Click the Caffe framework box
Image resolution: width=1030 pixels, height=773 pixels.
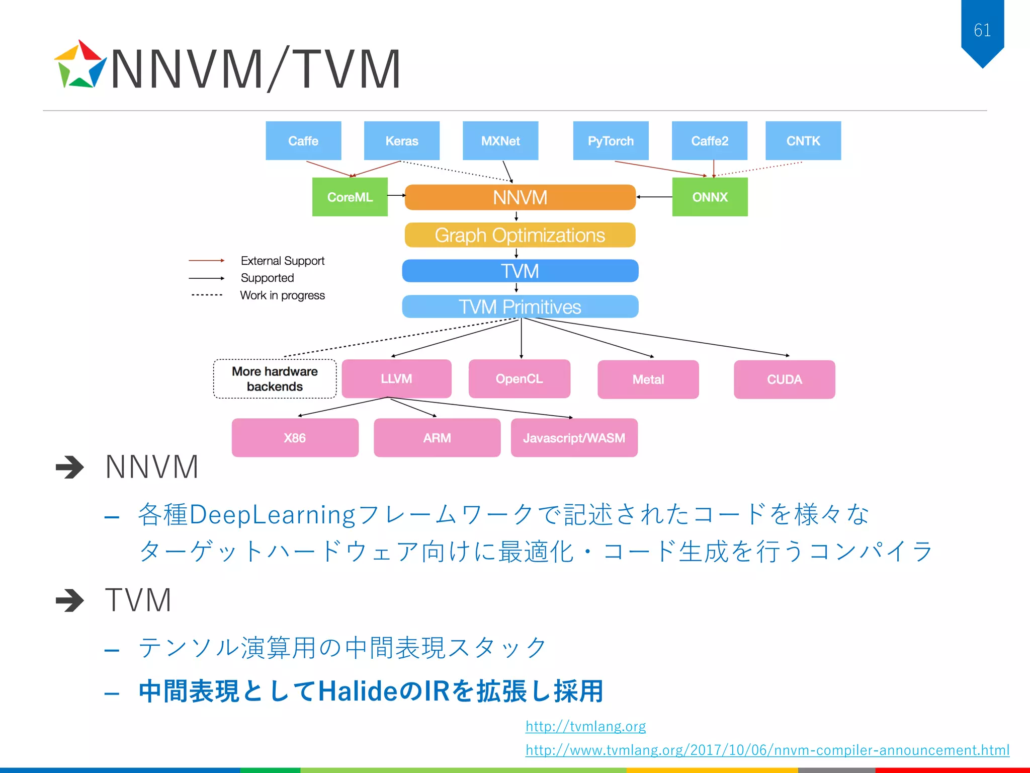click(x=303, y=140)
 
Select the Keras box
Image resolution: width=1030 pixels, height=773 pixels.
click(x=401, y=140)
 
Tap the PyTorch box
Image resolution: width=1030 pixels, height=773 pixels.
click(x=611, y=140)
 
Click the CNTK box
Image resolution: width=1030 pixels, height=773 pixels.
click(x=803, y=140)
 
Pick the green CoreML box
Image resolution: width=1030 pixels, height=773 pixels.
click(x=350, y=197)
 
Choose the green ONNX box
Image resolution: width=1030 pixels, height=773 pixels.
click(x=710, y=197)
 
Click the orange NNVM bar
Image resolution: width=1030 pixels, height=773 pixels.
click(x=520, y=197)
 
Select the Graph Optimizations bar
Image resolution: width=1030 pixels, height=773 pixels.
click(x=520, y=235)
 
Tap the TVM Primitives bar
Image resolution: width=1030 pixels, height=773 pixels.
click(x=520, y=306)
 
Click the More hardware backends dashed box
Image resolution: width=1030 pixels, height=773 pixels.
click(x=275, y=378)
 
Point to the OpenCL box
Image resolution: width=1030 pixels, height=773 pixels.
click(x=519, y=378)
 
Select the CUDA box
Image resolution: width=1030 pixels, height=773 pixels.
click(x=784, y=379)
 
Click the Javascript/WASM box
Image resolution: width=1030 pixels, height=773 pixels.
click(x=574, y=437)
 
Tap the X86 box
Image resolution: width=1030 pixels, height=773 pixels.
click(x=295, y=437)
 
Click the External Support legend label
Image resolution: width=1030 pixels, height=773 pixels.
click(x=282, y=261)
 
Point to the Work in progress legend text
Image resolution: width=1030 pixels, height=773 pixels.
click(x=282, y=295)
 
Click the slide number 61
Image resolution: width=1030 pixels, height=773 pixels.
click(x=982, y=30)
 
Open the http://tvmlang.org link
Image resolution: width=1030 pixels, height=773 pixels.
click(x=585, y=726)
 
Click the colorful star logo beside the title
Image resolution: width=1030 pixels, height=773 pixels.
click(x=79, y=65)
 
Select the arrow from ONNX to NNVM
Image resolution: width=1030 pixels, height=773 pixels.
click(x=654, y=197)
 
